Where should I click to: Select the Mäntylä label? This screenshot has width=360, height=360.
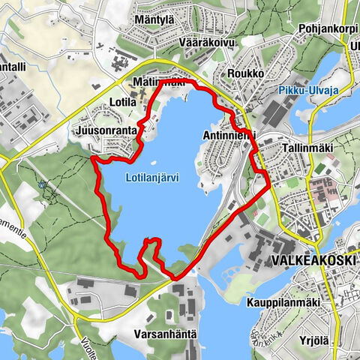pos(155,19)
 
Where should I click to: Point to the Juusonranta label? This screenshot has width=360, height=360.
pos(106,130)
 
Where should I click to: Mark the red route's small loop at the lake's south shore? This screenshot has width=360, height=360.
pos(151,244)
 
